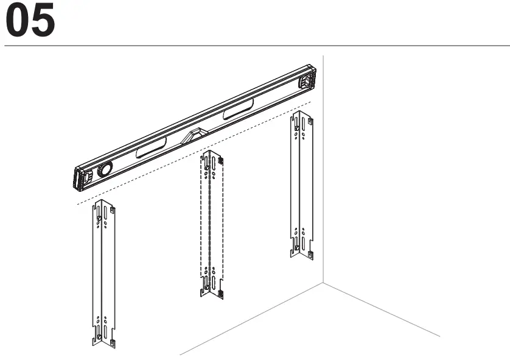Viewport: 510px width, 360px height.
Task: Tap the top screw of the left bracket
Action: (x=97, y=218)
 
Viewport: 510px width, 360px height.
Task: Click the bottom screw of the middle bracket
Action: (x=206, y=287)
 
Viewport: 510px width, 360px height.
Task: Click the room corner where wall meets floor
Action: (x=323, y=283)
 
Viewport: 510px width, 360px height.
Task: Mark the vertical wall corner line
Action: (x=323, y=183)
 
